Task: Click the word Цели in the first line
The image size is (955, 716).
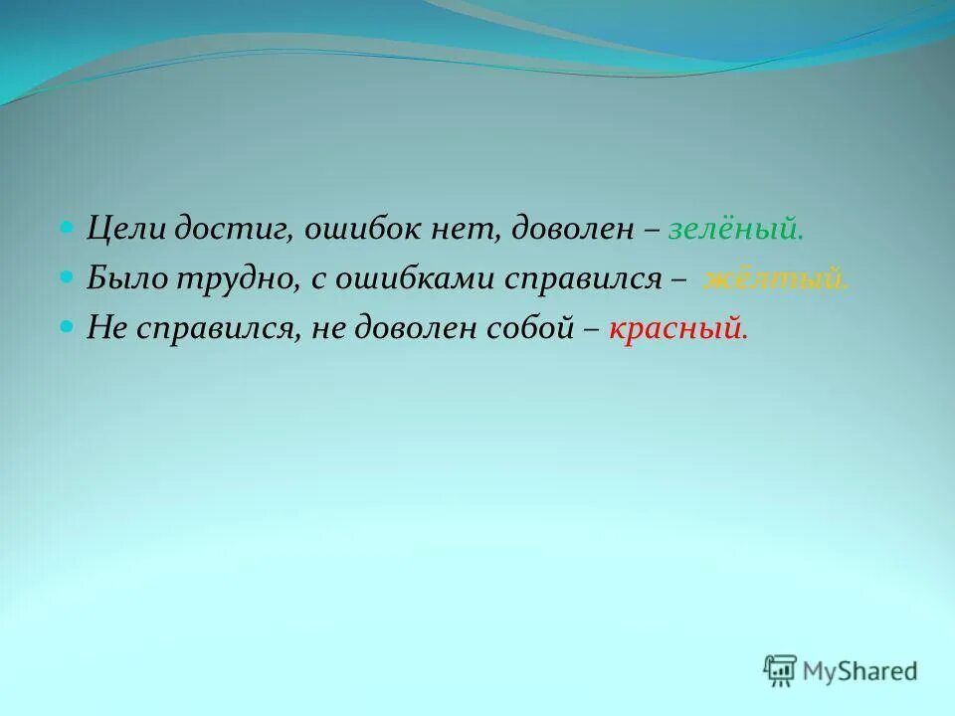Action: coord(120,230)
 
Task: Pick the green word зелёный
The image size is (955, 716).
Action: coord(734,230)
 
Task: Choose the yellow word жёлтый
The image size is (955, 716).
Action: coord(776,279)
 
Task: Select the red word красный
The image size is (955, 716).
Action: coord(676,328)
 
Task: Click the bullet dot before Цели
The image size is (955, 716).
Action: coord(68,228)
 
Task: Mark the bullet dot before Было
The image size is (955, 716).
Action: coord(68,276)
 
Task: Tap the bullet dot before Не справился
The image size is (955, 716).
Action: coord(68,325)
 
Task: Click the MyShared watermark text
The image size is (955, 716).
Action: coord(861,671)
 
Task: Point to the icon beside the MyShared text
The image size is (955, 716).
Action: coord(780,670)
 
